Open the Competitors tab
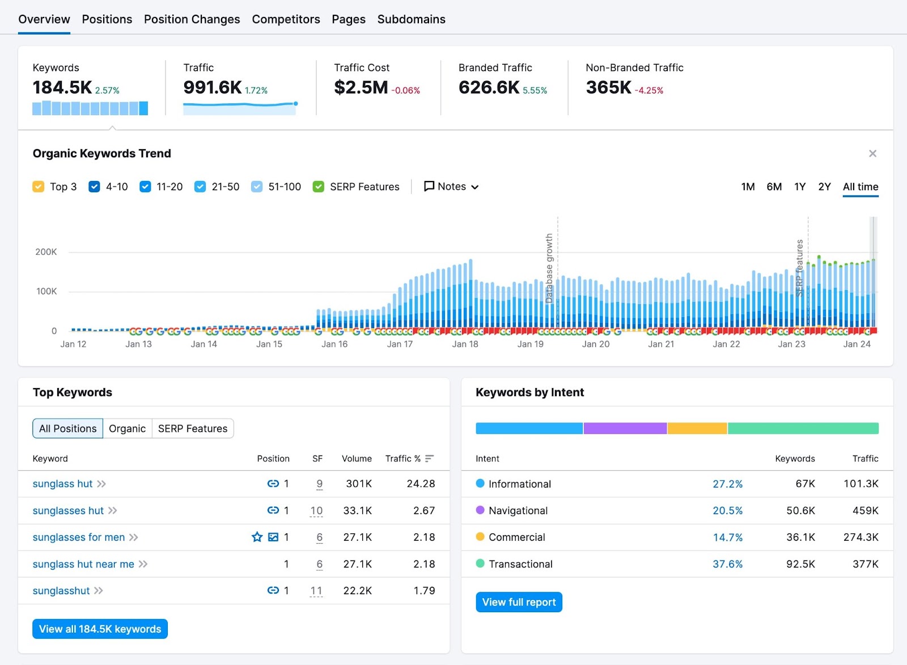[x=286, y=19]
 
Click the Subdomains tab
[x=411, y=19]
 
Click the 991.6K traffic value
[x=212, y=87]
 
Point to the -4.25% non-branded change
[x=649, y=91]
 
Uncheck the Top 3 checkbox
[x=39, y=187]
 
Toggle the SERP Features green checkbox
[x=319, y=187]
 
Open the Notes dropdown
[x=451, y=187]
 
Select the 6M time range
[x=774, y=187]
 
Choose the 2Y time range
[x=824, y=187]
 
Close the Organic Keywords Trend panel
[x=872, y=154]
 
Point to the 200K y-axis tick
[x=46, y=252]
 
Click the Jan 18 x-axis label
[x=465, y=344]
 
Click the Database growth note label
[x=549, y=267]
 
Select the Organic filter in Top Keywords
[x=127, y=428]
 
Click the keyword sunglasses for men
[x=79, y=537]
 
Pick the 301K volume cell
[x=359, y=484]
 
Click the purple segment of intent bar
[x=625, y=428]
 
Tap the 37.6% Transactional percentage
[x=727, y=564]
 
